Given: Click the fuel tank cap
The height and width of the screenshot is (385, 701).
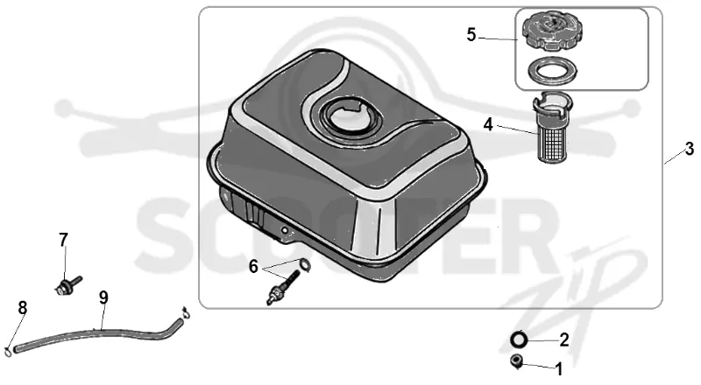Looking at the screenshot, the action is [x=549, y=31].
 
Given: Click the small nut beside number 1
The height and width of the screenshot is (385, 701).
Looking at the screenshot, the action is [x=517, y=360].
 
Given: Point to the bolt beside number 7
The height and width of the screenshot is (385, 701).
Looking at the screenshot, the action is [x=68, y=285].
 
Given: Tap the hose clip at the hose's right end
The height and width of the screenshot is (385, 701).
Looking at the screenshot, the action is [x=188, y=311].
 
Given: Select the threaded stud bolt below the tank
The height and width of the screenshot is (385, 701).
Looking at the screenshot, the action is [x=282, y=288].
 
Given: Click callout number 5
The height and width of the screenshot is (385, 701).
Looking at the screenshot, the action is [x=471, y=34].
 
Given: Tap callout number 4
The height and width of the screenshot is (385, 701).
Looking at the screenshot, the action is [x=488, y=124].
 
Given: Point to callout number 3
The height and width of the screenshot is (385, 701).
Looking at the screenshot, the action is [x=690, y=148].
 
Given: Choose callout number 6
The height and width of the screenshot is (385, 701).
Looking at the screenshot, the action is [x=253, y=267].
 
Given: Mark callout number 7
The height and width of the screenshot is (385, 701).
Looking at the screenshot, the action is [x=63, y=240].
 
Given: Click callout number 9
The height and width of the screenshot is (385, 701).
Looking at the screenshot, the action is [x=103, y=297].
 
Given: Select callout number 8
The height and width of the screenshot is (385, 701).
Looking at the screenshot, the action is [x=23, y=308].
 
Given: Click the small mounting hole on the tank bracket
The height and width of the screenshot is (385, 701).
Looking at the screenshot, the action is [x=284, y=230].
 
